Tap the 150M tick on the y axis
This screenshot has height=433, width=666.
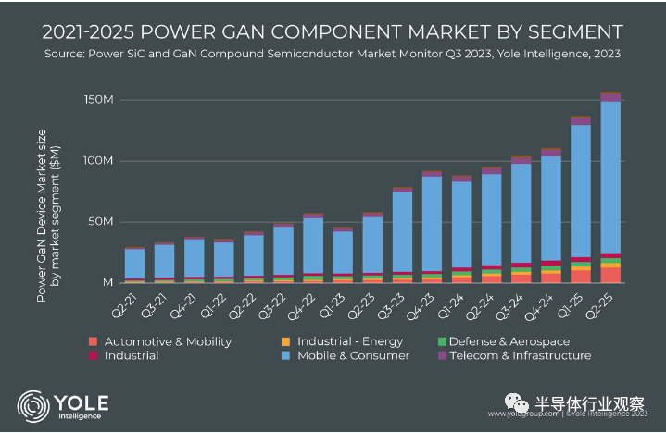tap(97, 99)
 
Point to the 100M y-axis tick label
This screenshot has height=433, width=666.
tap(97, 160)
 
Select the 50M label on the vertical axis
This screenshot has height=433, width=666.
tap(100, 221)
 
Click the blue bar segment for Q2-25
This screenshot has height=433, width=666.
tap(610, 176)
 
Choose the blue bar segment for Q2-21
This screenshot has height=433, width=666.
tap(135, 263)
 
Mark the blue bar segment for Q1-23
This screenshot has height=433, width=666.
tap(343, 252)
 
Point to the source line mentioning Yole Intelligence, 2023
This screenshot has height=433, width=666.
tap(333, 54)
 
